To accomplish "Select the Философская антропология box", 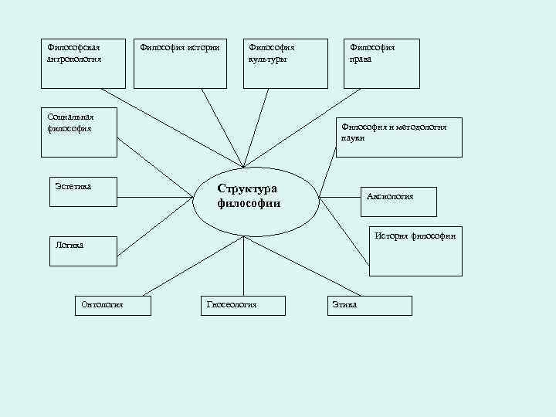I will tap(83, 63).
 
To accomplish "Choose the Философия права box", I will tap(382, 63).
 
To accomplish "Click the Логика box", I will tap(81, 251).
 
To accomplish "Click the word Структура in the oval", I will tap(246, 188).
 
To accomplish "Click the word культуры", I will tap(267, 59).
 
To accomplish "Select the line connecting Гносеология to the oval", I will tap(243, 266).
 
